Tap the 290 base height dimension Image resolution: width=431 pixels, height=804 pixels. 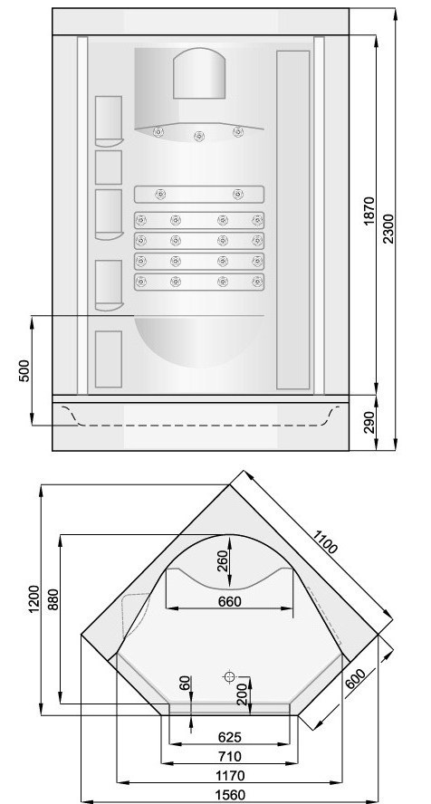coord(369,424)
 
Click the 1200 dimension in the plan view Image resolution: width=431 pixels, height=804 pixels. coord(34,599)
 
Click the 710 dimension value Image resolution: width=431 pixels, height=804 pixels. coord(229,755)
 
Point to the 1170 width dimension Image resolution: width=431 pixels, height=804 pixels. coord(229,775)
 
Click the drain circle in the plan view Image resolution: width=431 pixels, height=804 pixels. coord(230,676)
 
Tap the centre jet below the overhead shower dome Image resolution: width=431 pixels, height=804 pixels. coord(197,137)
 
